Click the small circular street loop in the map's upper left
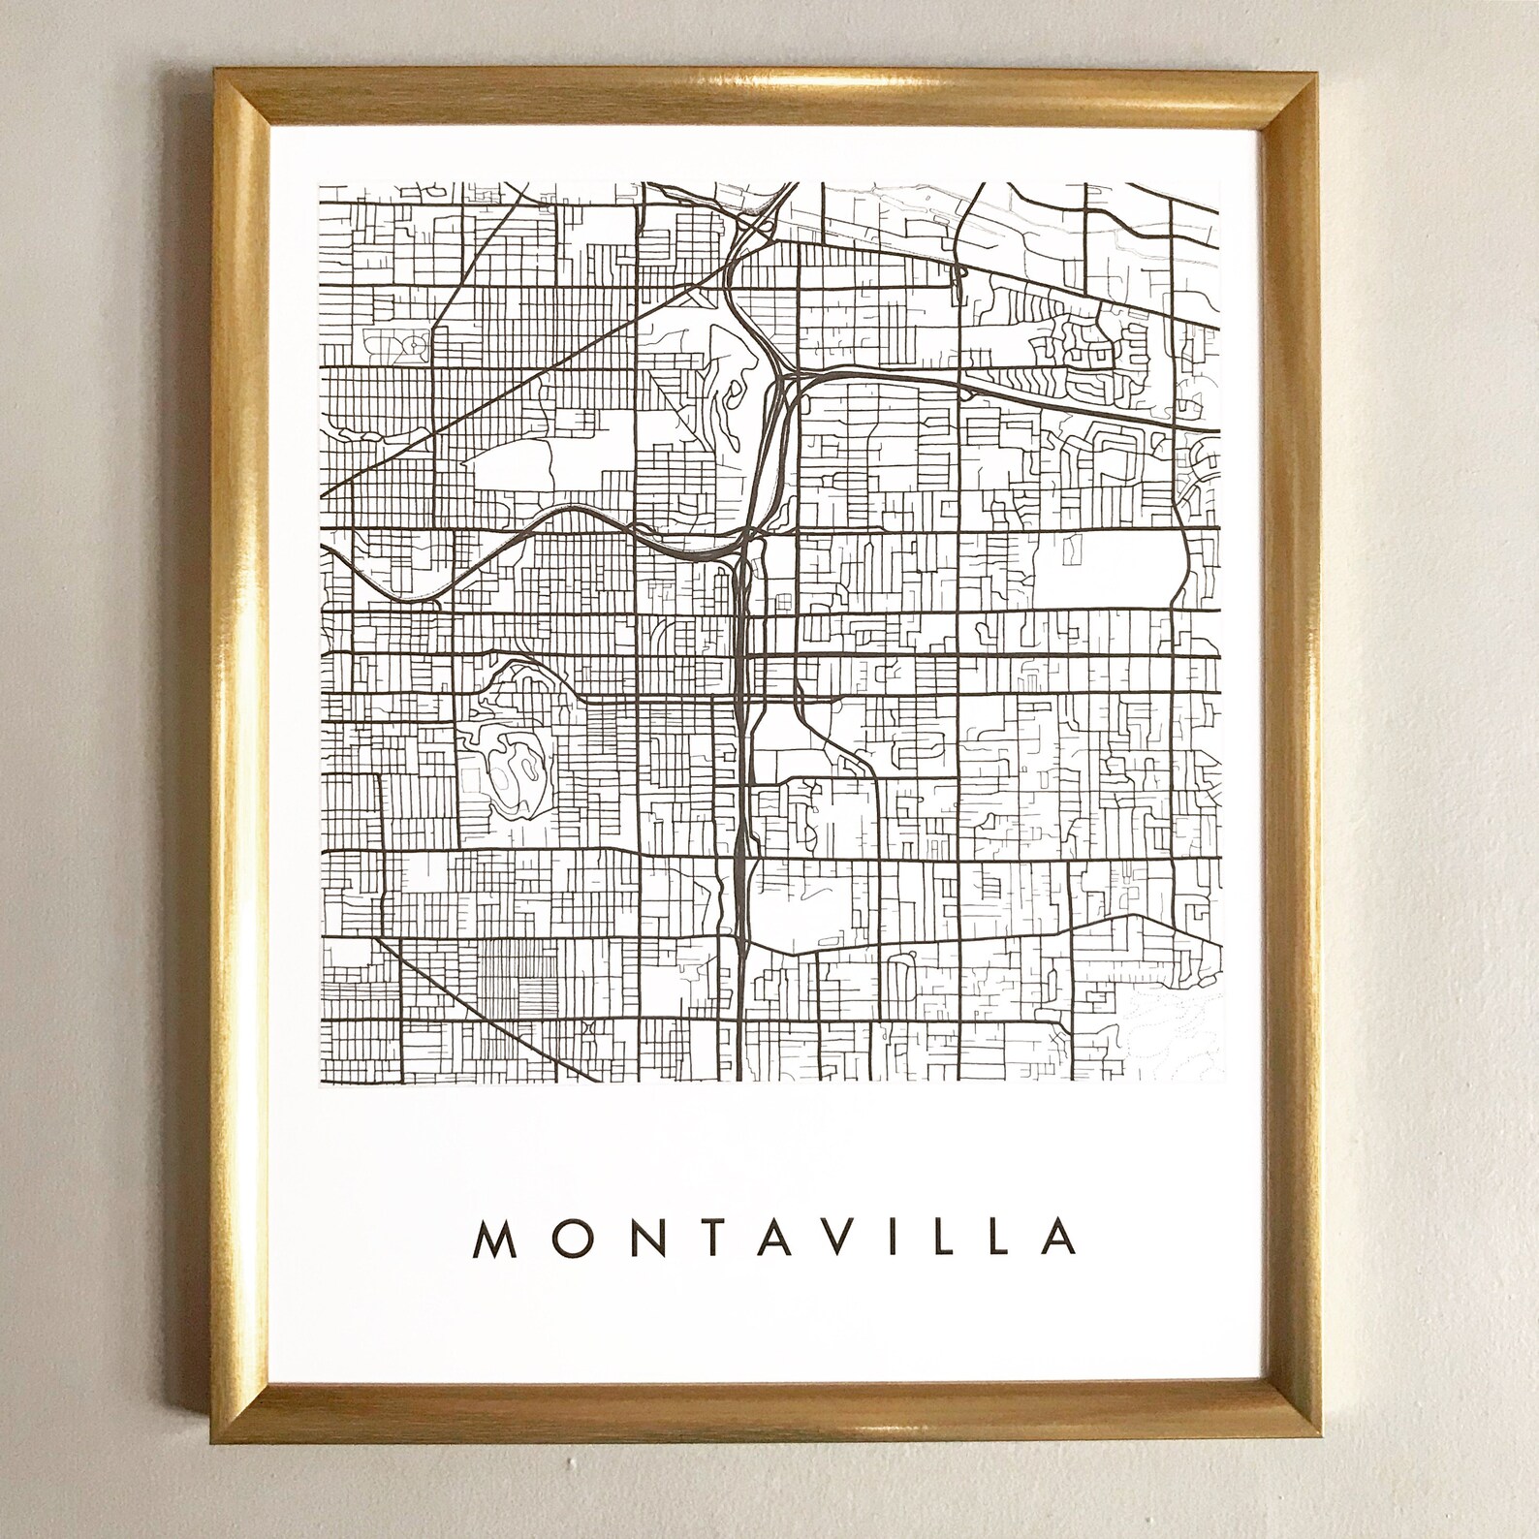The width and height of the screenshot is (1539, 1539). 417,343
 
